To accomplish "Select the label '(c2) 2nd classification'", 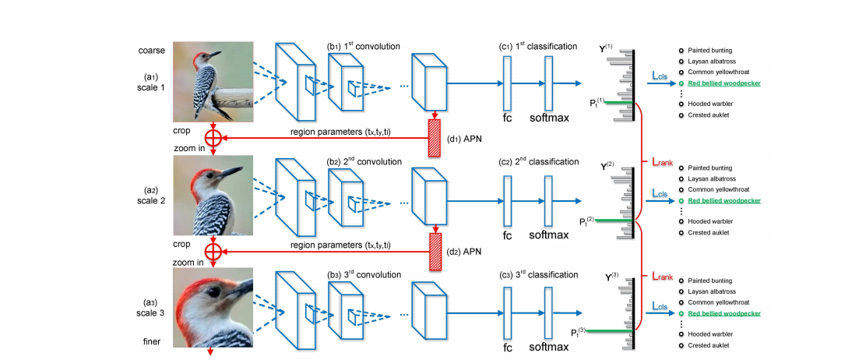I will click(x=539, y=161).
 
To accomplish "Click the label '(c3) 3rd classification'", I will click(x=539, y=274).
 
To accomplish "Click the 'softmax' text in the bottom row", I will click(x=549, y=343).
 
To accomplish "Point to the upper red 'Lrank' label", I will click(x=662, y=162).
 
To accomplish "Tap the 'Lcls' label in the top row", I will click(x=662, y=73).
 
